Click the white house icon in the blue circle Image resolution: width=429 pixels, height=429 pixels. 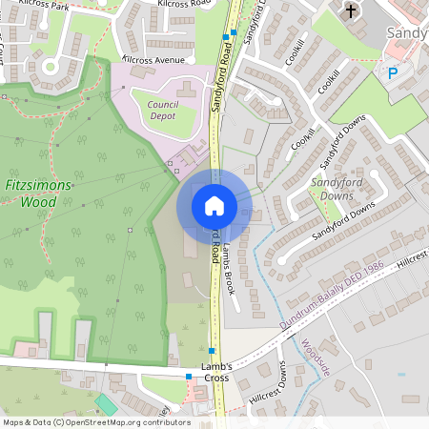(214, 206)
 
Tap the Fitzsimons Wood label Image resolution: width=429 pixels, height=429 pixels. (44, 193)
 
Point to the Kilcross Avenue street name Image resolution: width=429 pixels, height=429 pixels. (153, 59)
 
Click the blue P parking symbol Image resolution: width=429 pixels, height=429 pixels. (391, 72)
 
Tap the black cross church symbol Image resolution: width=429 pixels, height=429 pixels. (351, 11)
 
